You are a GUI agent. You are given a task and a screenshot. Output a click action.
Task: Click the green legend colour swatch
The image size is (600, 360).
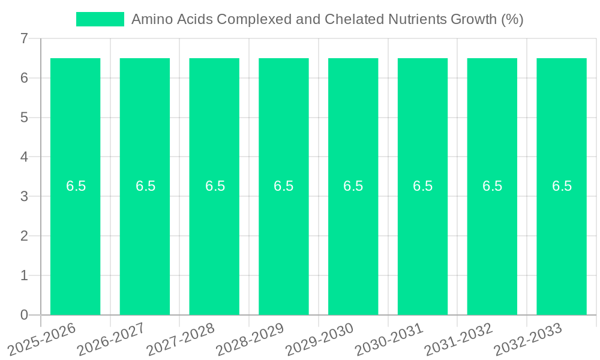point(100,19)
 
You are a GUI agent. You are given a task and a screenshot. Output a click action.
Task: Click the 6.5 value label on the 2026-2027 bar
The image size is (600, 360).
point(145,186)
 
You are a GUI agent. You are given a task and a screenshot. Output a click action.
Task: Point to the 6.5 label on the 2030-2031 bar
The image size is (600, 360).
point(422,186)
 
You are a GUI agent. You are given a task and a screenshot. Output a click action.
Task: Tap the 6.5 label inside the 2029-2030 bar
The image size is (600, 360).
point(353,186)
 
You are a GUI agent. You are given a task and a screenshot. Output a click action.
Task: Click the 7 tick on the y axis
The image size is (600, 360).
point(24,39)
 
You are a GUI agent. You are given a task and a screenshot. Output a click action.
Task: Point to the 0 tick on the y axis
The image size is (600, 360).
point(24,315)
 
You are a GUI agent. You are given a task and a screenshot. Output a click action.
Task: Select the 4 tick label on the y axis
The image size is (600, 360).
point(24,157)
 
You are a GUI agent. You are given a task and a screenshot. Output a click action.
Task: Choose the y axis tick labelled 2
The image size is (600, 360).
point(24,236)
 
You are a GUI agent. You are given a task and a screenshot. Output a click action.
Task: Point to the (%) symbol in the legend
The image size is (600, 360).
point(511,19)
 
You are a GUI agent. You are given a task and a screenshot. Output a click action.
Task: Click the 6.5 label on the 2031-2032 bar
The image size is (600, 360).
point(492,186)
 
